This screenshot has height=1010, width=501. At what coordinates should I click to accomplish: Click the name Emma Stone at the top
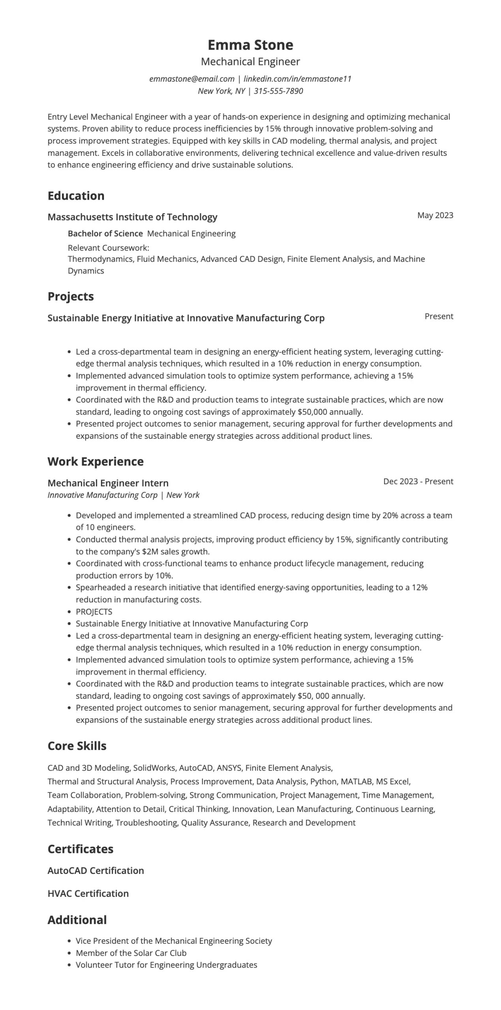pos(250,45)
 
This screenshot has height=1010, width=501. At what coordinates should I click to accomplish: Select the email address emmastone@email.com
pos(192,79)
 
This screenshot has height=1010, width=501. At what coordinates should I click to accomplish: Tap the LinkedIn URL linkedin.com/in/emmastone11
pos(297,79)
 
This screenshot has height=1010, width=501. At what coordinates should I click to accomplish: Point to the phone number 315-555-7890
pos(278,91)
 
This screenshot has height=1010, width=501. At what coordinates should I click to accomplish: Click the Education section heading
pos(76,196)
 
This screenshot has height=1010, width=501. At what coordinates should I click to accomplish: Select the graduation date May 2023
pos(435,215)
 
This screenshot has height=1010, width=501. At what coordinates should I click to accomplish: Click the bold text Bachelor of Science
pos(105,234)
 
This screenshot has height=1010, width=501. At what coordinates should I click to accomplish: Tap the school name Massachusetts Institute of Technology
pos(132,217)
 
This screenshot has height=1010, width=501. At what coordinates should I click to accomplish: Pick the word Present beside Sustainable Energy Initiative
pos(439,316)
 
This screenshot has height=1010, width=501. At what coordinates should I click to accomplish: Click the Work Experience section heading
pos(96,462)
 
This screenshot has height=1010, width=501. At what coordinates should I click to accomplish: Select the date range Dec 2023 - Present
pos(418,481)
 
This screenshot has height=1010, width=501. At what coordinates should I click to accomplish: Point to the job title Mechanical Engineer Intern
pos(108,483)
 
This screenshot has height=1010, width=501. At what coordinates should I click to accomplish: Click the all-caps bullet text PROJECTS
pos(94,612)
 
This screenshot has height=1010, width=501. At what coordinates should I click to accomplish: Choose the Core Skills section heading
pos(77,746)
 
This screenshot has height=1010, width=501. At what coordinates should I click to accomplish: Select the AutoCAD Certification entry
pos(96,871)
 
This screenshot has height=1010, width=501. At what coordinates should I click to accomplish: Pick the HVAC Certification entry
pos(88,894)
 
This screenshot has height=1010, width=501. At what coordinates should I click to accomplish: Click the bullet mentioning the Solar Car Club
pos(131,953)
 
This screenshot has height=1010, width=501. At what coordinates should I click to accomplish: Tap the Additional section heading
pos(77,920)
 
